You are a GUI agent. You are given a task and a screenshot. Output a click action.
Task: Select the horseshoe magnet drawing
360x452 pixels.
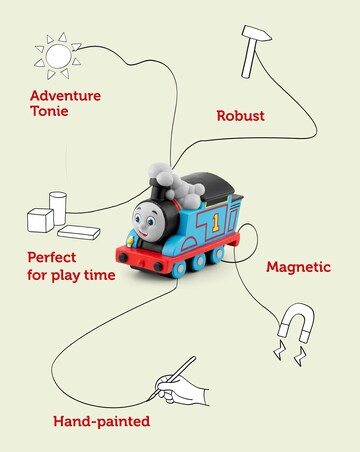[x=296, y=322]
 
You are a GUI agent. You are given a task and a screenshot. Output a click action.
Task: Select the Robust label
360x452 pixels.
[x=240, y=116]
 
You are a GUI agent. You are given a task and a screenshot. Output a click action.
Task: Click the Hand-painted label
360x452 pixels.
[x=101, y=422]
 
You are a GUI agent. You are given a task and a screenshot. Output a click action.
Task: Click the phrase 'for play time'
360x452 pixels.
[x=70, y=274]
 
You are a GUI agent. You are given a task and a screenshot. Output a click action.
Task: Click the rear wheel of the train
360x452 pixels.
[x=214, y=259]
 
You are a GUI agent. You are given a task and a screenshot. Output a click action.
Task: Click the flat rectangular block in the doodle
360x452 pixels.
[x=78, y=229]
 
